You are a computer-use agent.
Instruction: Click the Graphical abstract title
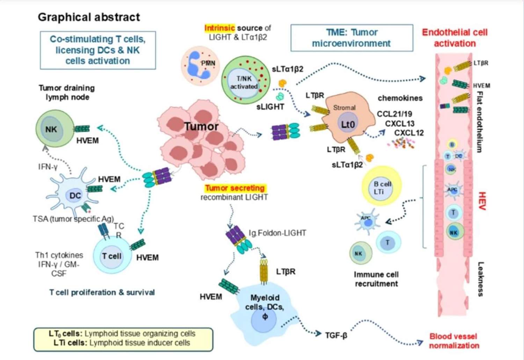[x=89, y=17]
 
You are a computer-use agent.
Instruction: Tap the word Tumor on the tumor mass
[x=201, y=127]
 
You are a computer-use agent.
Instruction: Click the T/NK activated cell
[x=245, y=81]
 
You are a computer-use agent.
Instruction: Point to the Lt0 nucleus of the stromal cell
[x=348, y=124]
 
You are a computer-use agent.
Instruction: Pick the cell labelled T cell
[x=111, y=256]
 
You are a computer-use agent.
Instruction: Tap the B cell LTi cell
[x=382, y=187]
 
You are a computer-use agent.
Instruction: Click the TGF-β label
[x=336, y=336]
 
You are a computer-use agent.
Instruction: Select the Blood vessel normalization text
[x=454, y=341]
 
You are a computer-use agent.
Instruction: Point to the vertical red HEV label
[x=482, y=201]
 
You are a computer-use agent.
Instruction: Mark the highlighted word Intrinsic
[x=219, y=28]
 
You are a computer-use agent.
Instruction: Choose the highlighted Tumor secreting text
[x=235, y=188]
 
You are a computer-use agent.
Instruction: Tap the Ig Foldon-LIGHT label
[x=277, y=233]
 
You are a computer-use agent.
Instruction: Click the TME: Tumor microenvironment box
[x=351, y=38]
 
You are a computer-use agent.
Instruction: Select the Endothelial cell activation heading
[x=454, y=38]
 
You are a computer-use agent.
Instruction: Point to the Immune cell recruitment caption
[x=376, y=279]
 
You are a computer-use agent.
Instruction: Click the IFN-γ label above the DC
[x=48, y=167]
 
